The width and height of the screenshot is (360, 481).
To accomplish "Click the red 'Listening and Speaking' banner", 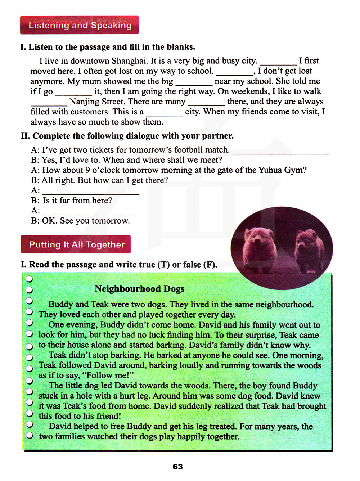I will coord(80,25).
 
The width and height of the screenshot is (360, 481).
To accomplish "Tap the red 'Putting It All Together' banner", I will coord(76,245).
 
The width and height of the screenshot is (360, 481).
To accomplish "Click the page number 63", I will coord(178,467).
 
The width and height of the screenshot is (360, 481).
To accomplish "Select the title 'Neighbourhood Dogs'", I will coord(139,289).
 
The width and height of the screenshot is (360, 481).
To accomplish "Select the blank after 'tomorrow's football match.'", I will coord(281,151).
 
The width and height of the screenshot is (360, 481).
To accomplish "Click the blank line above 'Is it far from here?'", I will coord(91,192).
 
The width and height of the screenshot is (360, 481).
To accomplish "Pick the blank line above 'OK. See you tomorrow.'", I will coord(91,212).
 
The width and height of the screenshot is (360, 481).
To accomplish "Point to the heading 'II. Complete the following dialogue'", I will coord(127,136).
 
